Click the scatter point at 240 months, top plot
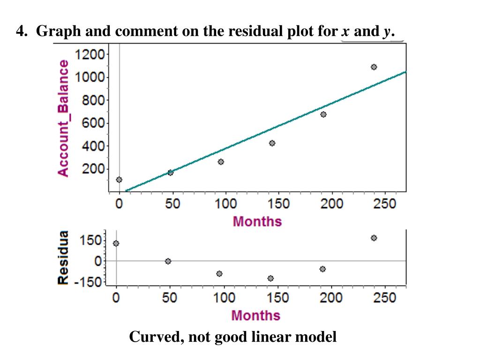pyautogui.click(x=374, y=67)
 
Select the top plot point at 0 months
pyautogui.click(x=119, y=180)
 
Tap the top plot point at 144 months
pyautogui.click(x=272, y=143)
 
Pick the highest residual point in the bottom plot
pyautogui.click(x=374, y=238)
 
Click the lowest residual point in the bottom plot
pyautogui.click(x=270, y=278)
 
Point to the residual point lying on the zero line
pyautogui.click(x=168, y=261)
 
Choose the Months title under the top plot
pyautogui.click(x=257, y=221)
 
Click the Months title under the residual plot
pyautogui.click(x=255, y=315)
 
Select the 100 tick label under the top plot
pyautogui.click(x=226, y=204)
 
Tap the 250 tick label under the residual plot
pyautogui.click(x=385, y=298)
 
